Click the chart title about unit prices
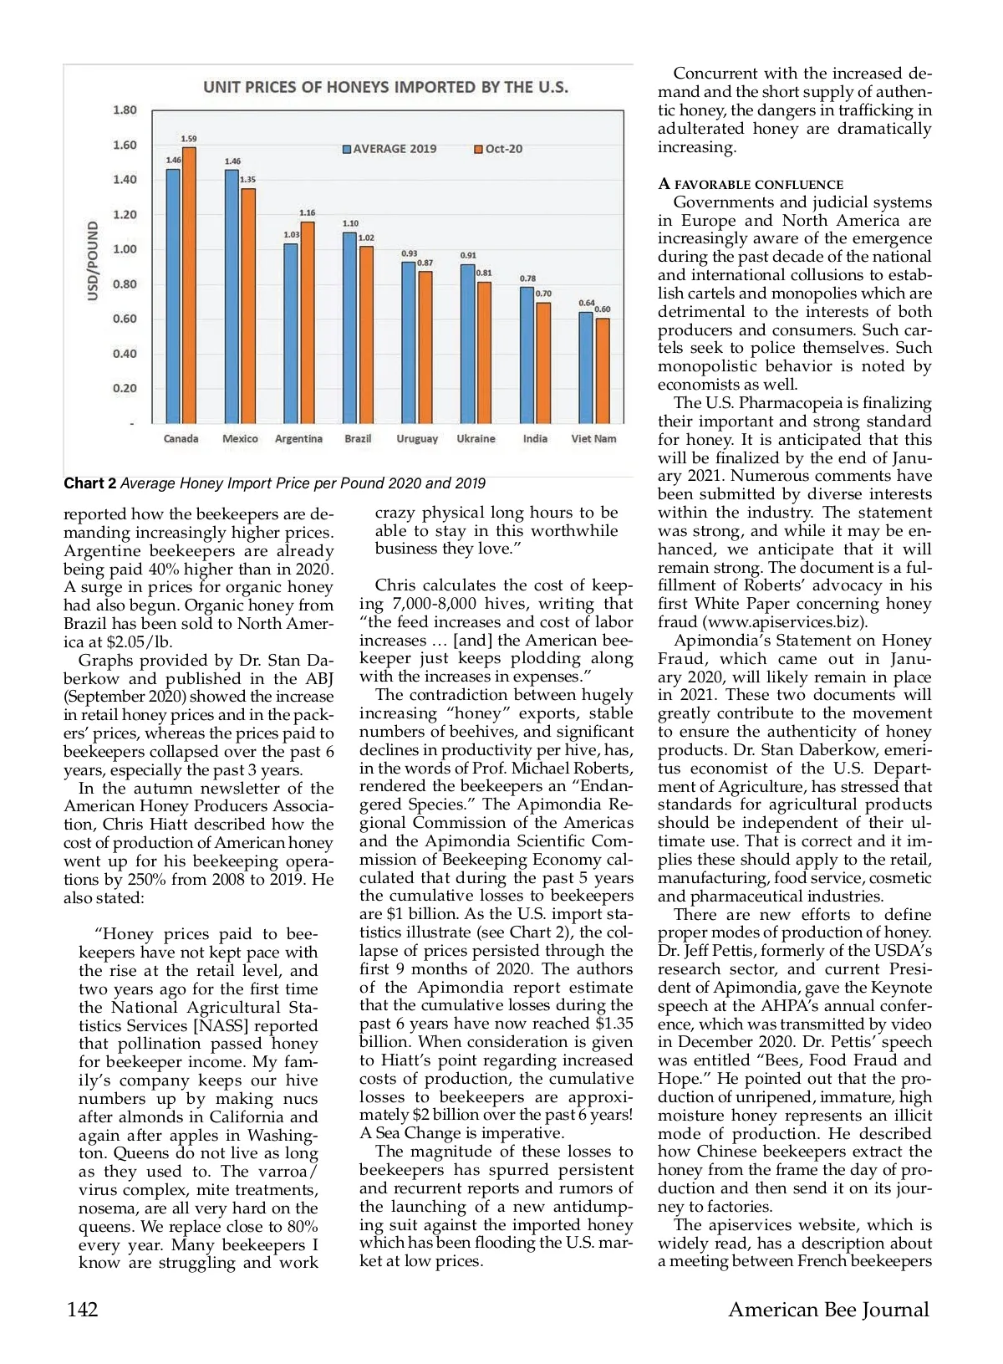tap(385, 87)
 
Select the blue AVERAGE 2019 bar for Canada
tap(173, 296)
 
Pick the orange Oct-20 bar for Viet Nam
tap(603, 370)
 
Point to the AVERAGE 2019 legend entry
tap(389, 149)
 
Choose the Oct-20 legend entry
tap(498, 149)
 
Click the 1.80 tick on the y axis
tap(125, 110)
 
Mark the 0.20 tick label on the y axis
tap(125, 388)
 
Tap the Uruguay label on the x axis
tap(417, 439)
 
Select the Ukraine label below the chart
tap(476, 439)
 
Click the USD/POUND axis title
tap(93, 261)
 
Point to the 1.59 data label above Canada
tap(189, 139)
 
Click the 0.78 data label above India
tap(527, 278)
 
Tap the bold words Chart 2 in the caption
tap(89, 483)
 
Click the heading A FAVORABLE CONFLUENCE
tap(751, 184)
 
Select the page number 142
tap(83, 1309)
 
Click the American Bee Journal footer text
tap(828, 1309)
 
